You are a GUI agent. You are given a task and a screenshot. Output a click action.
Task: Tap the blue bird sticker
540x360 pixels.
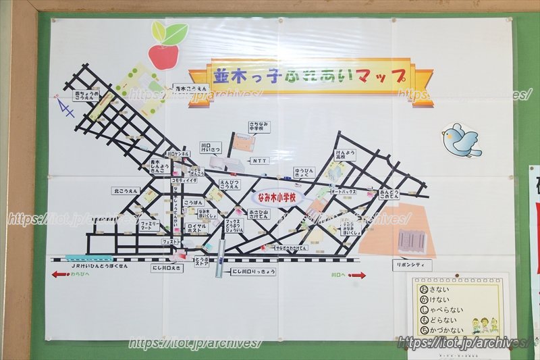(462, 140)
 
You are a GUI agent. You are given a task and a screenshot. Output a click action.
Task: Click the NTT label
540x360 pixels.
(260, 161)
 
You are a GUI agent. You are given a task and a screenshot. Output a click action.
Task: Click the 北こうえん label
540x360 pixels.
(126, 191)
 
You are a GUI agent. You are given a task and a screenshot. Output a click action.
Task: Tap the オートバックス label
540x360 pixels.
(344, 192)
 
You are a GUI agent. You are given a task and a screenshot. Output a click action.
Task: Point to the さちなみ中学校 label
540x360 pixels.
(259, 126)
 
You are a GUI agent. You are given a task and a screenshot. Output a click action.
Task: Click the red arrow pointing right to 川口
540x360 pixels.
(358, 275)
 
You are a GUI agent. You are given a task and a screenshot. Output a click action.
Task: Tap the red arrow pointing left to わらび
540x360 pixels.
(59, 275)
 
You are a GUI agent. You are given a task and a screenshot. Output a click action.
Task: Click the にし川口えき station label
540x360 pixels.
(166, 268)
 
